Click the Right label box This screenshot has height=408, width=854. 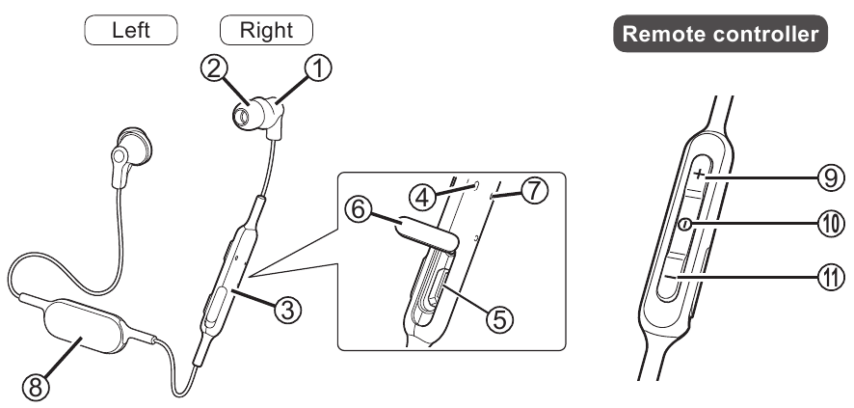(x=267, y=30)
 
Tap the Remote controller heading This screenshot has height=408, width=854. (x=721, y=35)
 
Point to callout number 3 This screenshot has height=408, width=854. (x=286, y=309)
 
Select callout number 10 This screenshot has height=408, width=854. (x=829, y=225)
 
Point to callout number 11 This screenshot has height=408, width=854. (x=828, y=278)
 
